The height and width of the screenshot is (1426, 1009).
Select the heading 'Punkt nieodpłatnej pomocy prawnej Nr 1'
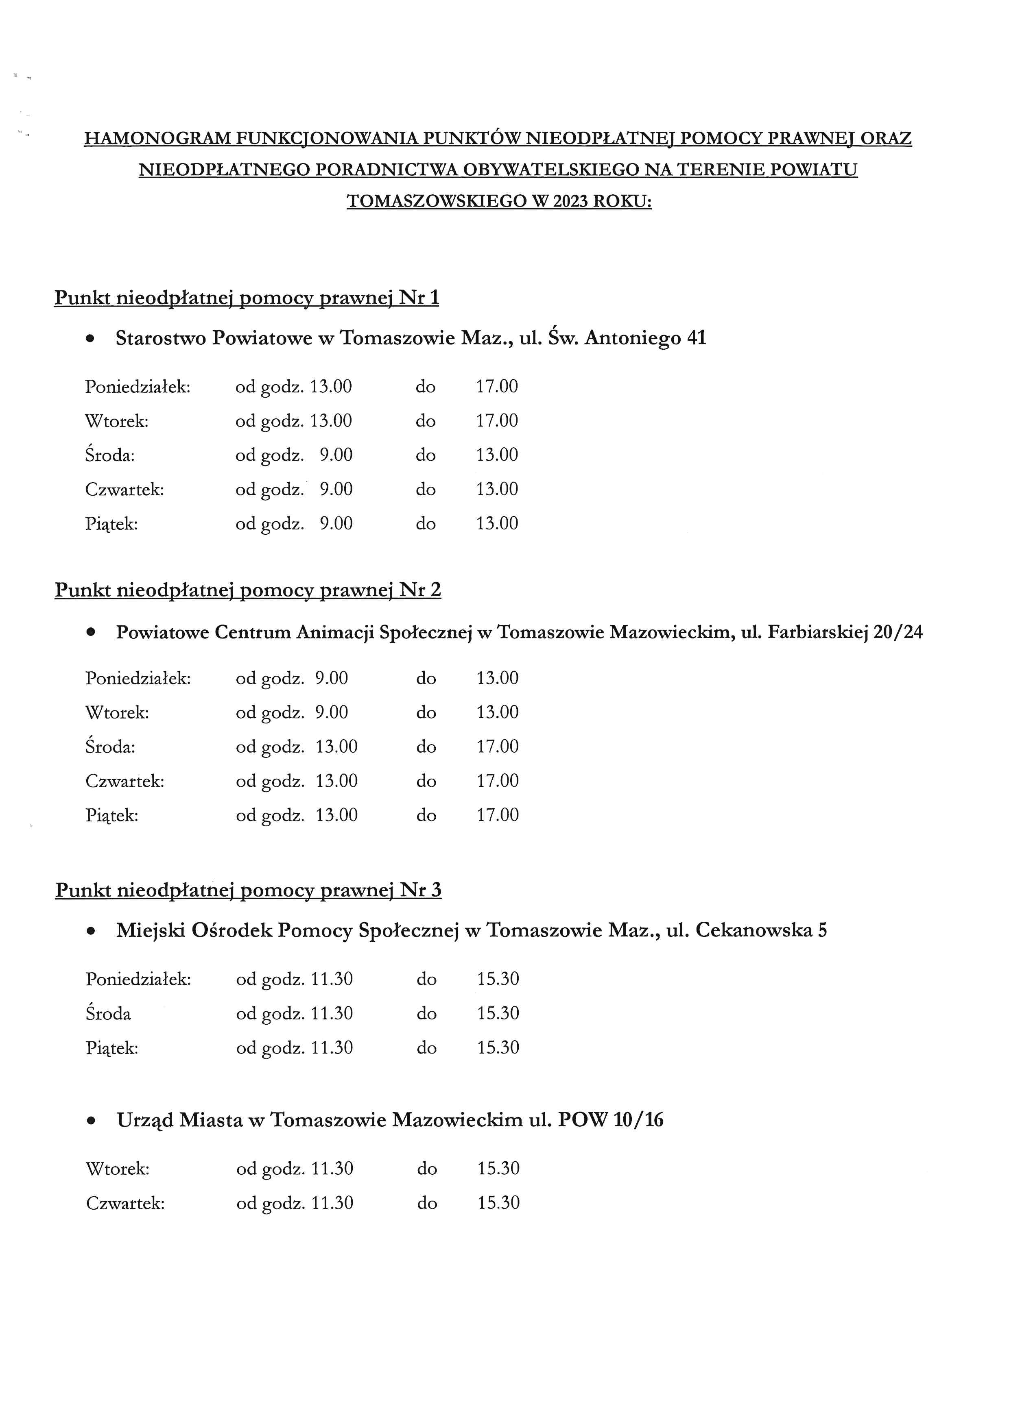(247, 298)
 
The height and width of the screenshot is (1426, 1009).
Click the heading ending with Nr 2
(247, 590)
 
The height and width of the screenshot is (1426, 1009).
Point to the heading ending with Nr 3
(248, 890)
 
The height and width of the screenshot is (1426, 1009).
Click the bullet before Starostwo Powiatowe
(91, 339)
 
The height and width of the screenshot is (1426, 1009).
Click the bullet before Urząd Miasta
(91, 1121)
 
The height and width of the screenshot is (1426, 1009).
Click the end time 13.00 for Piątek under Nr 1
(497, 524)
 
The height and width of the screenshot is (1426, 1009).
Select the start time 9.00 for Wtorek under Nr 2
(331, 712)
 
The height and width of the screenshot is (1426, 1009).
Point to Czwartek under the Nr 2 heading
(125, 781)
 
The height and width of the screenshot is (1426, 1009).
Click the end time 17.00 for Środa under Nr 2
(498, 747)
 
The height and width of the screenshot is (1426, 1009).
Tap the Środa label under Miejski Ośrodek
(108, 1014)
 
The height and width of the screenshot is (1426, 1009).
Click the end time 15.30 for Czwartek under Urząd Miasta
(498, 1203)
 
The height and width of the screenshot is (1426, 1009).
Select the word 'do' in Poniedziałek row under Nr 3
(427, 980)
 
